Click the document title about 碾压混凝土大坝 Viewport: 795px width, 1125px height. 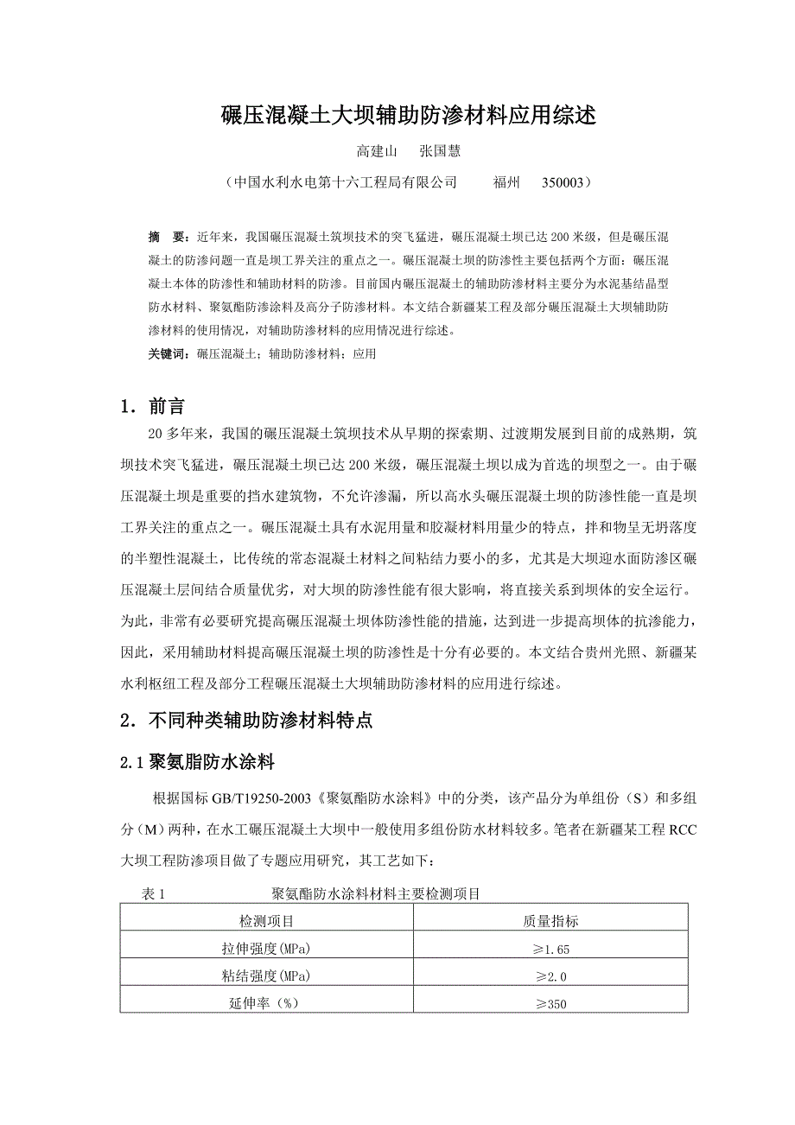click(409, 115)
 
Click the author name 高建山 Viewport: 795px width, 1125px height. click(377, 151)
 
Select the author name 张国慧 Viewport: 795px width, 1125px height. click(440, 151)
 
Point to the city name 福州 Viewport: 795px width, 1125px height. click(506, 183)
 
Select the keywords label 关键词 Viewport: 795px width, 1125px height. click(167, 353)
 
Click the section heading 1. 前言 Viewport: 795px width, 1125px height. click(152, 406)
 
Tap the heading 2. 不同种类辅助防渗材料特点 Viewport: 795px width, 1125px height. click(246, 721)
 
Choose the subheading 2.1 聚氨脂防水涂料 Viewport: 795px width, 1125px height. click(197, 762)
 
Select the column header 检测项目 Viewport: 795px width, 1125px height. click(266, 921)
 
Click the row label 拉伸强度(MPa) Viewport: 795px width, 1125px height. click(266, 949)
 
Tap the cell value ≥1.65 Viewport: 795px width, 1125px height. click(551, 949)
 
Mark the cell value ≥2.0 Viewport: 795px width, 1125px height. click(551, 976)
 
